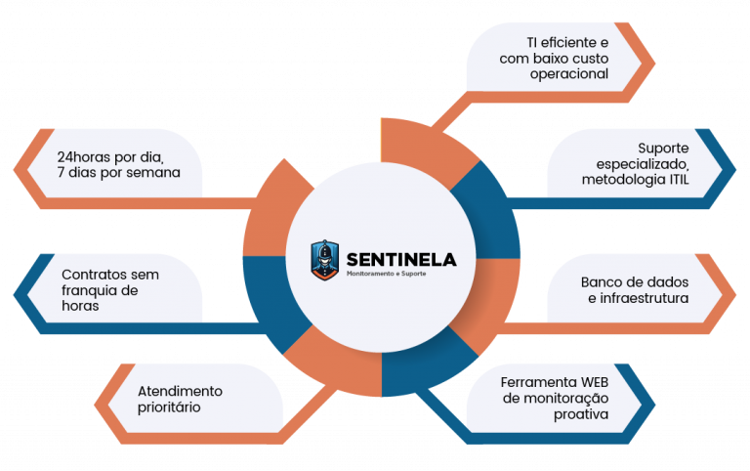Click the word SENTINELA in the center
click(400, 259)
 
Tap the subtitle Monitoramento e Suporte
click(387, 273)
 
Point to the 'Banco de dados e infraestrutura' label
click(636, 289)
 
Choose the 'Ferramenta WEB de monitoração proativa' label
click(554, 398)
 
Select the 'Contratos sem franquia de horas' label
click(109, 289)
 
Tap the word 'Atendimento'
click(179, 390)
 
